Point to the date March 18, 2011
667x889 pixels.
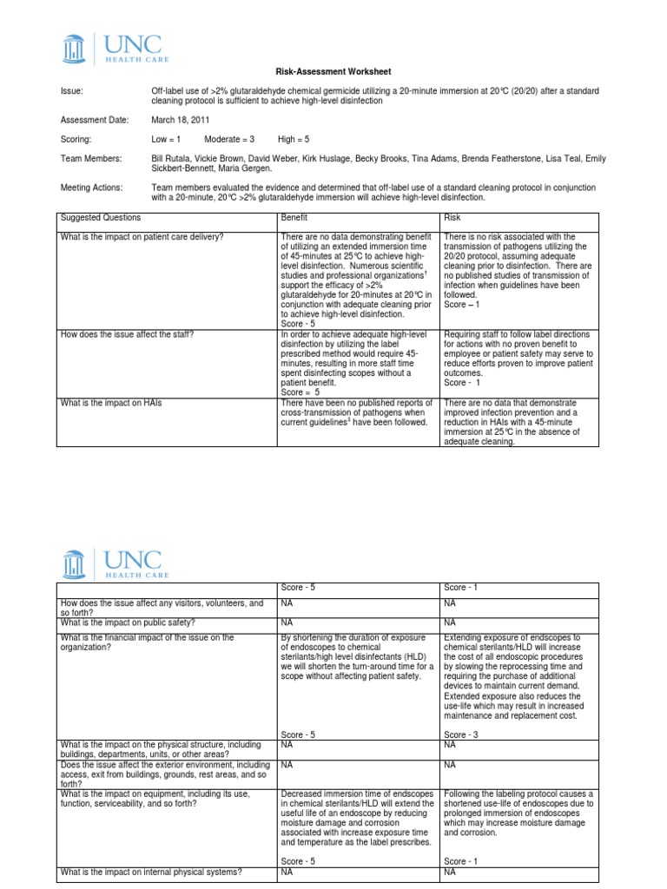click(180, 120)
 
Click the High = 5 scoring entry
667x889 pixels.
click(296, 139)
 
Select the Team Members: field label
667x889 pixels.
click(90, 158)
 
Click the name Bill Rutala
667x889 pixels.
click(171, 158)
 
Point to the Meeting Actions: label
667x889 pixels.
click(91, 187)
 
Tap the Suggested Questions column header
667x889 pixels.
click(100, 218)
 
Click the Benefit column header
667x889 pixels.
click(294, 218)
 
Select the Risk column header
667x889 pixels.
click(452, 218)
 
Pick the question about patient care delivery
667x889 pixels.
click(137, 237)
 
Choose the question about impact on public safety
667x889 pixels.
click(126, 623)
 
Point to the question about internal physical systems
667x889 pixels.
click(149, 872)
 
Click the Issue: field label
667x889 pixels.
click(72, 91)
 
